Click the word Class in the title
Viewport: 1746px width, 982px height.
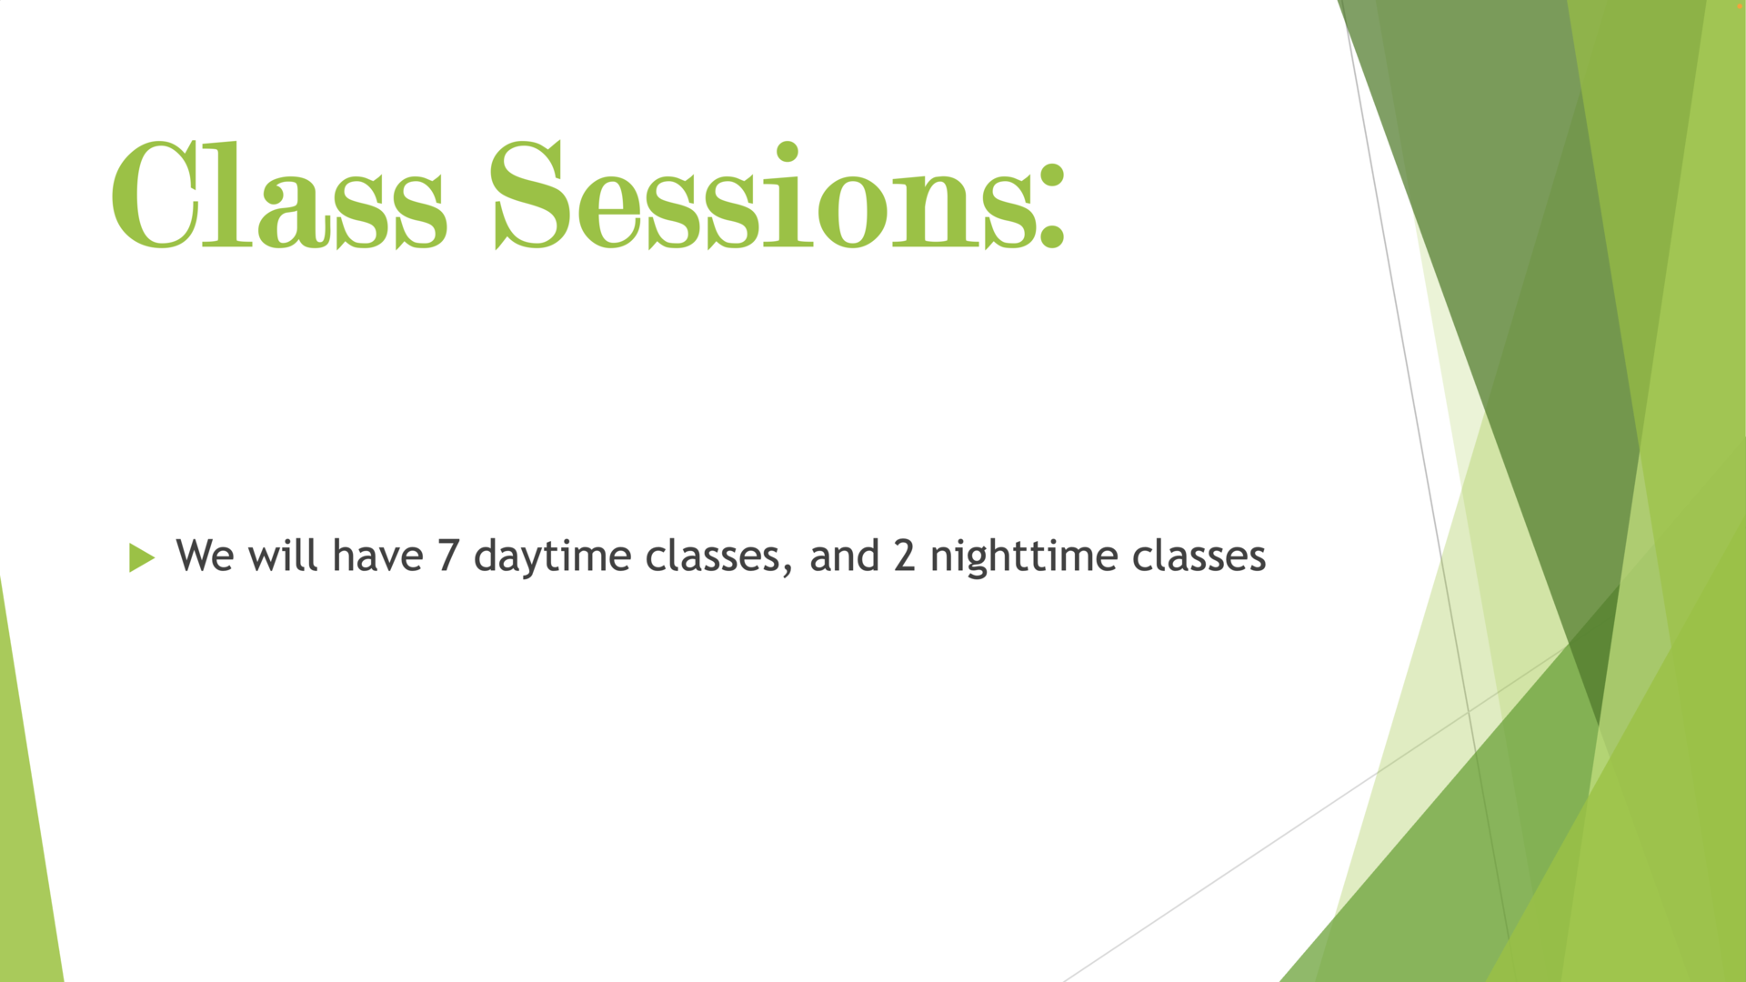pos(279,195)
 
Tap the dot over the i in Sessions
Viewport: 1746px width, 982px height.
pos(788,151)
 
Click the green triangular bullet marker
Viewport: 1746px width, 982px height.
pos(142,557)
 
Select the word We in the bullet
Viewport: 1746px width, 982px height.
pos(205,556)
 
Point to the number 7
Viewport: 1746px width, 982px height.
pos(447,556)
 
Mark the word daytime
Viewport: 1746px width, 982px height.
pos(552,557)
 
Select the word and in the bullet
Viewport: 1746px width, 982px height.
pos(844,555)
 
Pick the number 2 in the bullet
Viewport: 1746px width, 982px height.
pos(904,556)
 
